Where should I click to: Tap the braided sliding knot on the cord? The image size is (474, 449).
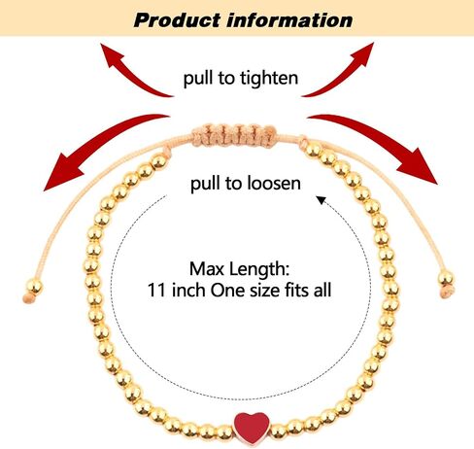coord(235,135)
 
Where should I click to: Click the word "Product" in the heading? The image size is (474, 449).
coord(177,20)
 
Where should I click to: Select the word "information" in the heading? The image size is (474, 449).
coord(289,20)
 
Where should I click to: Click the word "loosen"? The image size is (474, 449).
coord(273,183)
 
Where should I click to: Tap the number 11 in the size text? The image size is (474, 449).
coord(157,290)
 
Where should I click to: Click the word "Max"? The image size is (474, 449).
coord(203,269)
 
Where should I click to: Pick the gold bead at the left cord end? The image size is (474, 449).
coord(34,287)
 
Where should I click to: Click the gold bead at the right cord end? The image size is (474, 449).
coord(446,279)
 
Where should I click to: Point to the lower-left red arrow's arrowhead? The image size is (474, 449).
coord(61,172)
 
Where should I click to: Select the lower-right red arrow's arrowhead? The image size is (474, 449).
coord(419,166)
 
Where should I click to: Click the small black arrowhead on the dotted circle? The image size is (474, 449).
coord(321,200)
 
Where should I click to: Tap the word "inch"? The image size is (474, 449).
coord(188,290)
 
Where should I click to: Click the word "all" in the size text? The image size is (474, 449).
coord(322,290)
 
